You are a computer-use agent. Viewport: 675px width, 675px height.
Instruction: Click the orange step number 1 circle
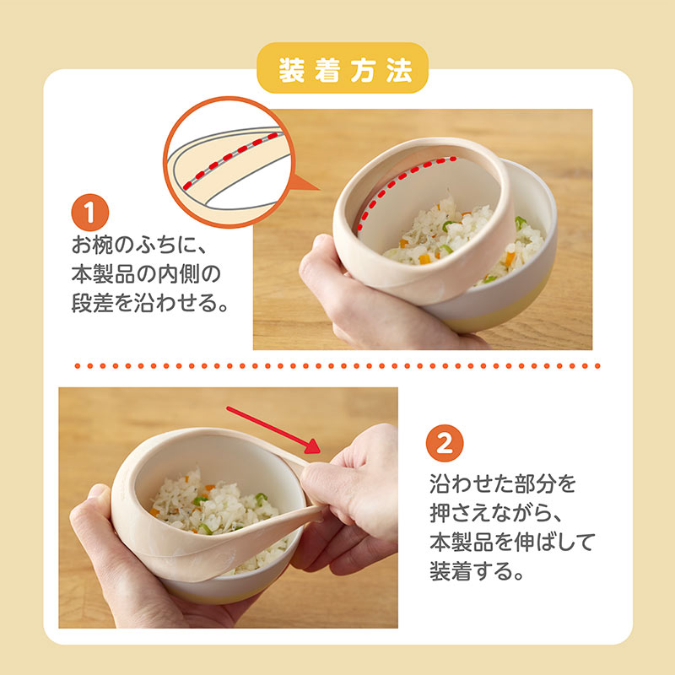(90, 213)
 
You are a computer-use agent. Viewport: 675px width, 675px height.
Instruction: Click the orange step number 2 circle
(445, 443)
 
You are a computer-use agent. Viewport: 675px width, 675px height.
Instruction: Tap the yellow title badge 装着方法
(343, 69)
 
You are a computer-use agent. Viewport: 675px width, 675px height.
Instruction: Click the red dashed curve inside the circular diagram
(230, 160)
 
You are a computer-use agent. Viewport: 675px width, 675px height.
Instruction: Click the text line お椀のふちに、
(140, 245)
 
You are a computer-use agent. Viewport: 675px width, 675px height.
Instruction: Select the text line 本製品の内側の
(146, 273)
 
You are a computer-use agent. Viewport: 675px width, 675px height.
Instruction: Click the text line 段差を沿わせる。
(149, 303)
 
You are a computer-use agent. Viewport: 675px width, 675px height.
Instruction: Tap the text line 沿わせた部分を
(502, 483)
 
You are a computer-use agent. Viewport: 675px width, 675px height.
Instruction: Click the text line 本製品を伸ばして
(512, 542)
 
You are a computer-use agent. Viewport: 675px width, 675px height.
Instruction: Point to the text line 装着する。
(477, 570)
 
